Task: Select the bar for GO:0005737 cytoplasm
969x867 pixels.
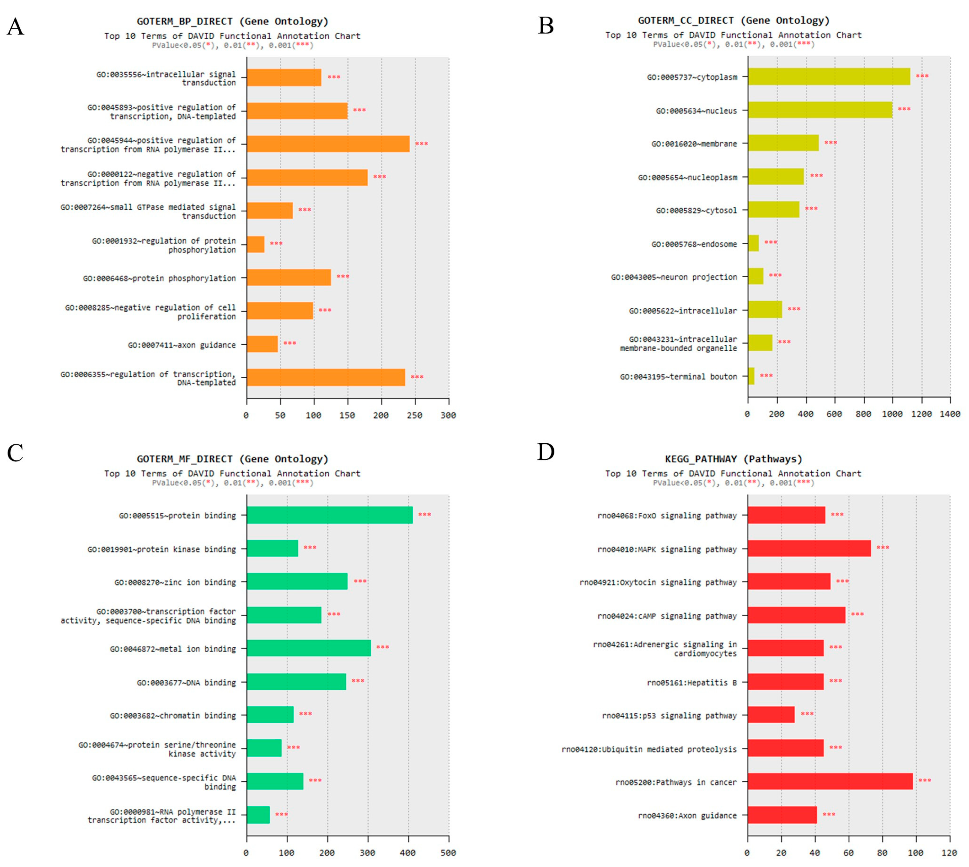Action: coord(829,77)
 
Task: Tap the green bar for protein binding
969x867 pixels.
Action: coord(329,515)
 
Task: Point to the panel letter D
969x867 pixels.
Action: coord(546,452)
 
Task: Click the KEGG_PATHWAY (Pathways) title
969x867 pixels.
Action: coord(733,459)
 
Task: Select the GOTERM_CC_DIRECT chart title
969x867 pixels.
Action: coord(733,21)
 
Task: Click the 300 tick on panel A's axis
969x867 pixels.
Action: coord(448,415)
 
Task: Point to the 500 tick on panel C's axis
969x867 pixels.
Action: coord(448,853)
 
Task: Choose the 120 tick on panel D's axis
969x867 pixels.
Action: coord(949,853)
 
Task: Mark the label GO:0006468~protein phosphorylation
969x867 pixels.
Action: coord(159,278)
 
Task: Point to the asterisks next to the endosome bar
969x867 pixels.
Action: coord(770,242)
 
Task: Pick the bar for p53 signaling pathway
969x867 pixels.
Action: coord(771,714)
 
